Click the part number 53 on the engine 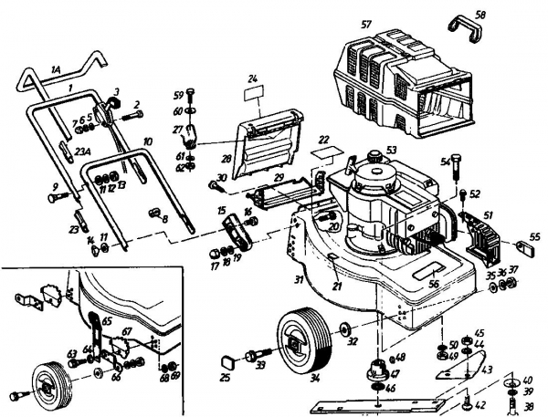point(391,150)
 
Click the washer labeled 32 point(345,326)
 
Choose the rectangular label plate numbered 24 point(252,92)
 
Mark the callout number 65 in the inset point(106,321)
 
